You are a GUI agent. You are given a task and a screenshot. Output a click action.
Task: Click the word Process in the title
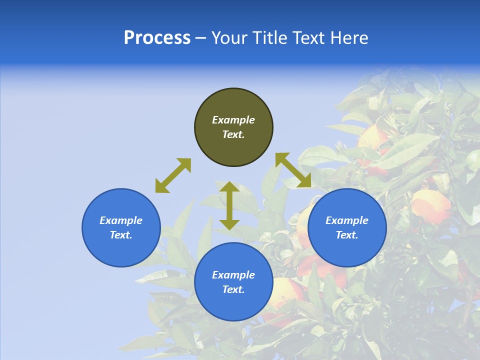[157, 38]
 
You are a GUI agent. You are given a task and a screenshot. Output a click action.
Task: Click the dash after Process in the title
[201, 38]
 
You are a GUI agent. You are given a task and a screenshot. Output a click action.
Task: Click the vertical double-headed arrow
[229, 205]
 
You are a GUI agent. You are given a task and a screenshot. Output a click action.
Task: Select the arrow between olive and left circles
[173, 175]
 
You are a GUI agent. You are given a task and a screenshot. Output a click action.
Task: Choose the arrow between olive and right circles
[293, 170]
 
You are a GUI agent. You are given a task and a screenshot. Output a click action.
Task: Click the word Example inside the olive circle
[233, 120]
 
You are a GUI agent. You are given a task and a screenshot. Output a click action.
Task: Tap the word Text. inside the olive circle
[233, 134]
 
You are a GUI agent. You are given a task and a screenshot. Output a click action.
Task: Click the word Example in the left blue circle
[121, 220]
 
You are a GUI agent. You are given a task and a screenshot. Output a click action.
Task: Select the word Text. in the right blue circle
[347, 235]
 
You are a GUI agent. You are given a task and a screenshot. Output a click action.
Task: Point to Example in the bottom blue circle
[233, 275]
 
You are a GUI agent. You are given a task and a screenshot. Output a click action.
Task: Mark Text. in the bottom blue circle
[233, 289]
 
